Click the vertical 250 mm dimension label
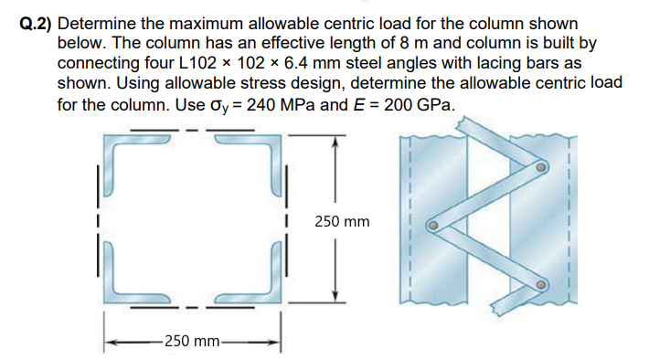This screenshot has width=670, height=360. click(x=342, y=221)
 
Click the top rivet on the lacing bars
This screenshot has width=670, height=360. click(x=542, y=168)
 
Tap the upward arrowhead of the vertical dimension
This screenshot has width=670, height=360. click(x=337, y=143)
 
